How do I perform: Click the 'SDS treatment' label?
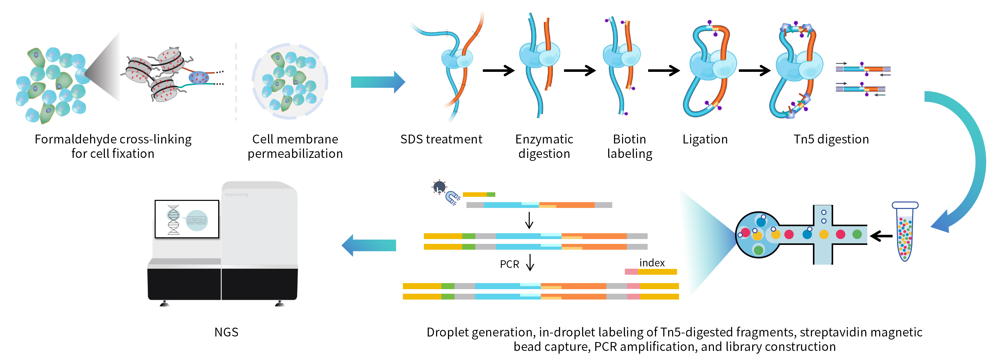[441, 139]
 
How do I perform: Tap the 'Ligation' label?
[705, 139]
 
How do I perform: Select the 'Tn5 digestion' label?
[831, 139]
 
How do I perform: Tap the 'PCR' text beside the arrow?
[509, 264]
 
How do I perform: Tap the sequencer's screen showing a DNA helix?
[187, 219]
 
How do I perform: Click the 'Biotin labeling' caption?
[629, 146]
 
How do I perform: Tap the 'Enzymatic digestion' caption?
[544, 146]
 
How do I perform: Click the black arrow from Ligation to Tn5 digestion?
[754, 71]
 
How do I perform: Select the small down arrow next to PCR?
[530, 263]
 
